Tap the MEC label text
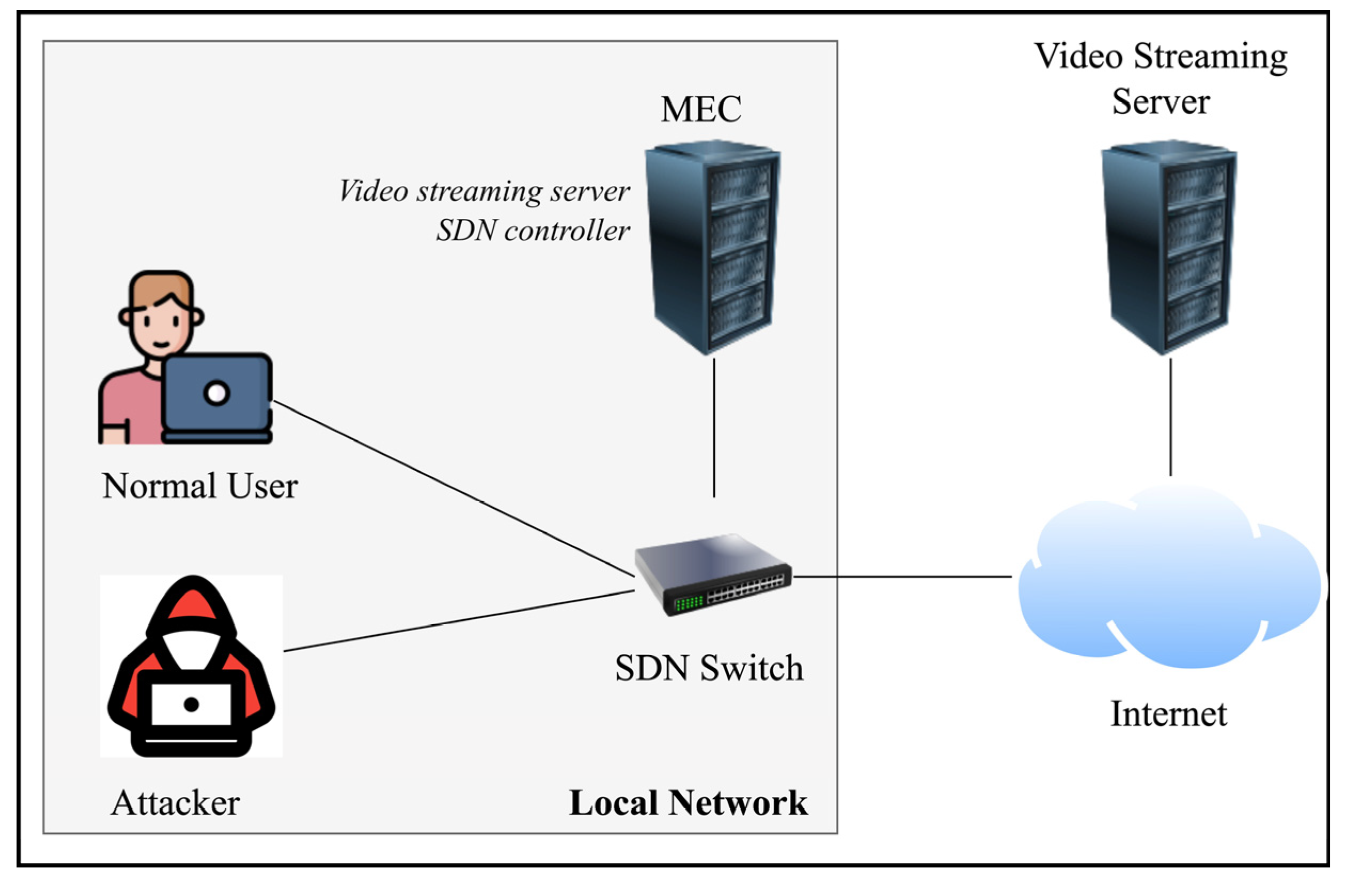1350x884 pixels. point(701,109)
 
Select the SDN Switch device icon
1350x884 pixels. point(713,574)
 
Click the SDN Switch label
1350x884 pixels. point(709,668)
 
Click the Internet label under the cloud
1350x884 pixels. point(1169,714)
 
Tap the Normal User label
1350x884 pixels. point(200,486)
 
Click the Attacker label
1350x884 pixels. point(175,803)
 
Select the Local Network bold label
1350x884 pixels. point(689,803)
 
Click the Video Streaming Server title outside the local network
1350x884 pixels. point(1161,79)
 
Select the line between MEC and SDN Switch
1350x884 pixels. point(714,428)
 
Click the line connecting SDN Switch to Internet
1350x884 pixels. point(903,577)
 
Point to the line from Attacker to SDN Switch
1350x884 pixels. point(459,621)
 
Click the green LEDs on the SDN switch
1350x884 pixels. point(689,603)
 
